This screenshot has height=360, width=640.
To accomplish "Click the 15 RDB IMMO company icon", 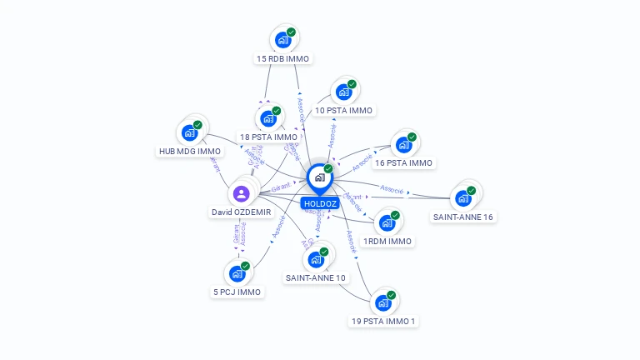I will (283, 39).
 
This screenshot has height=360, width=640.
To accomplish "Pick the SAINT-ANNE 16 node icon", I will (462, 198).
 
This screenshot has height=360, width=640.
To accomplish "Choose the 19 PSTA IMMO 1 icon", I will (382, 302).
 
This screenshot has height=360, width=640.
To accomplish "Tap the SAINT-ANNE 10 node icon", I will (315, 259).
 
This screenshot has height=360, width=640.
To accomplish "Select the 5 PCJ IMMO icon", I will (237, 273).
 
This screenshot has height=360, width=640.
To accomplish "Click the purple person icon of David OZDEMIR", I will (241, 193).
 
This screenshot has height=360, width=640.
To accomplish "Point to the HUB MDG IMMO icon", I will (189, 132).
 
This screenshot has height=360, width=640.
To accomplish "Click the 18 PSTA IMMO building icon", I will (267, 118).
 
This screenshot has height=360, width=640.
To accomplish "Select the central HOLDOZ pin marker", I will (319, 177).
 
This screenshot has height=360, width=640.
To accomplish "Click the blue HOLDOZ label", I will (320, 203).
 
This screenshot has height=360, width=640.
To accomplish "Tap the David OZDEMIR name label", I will (241, 212).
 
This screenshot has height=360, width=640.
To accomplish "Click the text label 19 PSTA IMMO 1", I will (382, 321).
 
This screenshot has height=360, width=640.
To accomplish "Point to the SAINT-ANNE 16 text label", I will (463, 217).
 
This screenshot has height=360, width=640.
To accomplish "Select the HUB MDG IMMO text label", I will (190, 151).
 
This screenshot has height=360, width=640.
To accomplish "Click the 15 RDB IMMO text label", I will (283, 58).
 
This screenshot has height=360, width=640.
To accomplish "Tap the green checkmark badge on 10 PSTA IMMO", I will (352, 83).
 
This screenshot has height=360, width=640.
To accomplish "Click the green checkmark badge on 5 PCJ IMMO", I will (245, 266).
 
